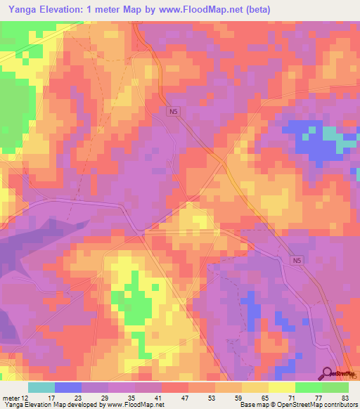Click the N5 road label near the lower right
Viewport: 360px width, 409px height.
(x=298, y=261)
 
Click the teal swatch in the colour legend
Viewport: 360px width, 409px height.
(x=41, y=388)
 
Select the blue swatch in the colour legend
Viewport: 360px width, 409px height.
(x=68, y=388)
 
